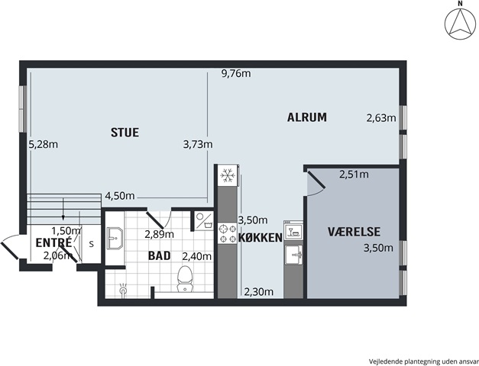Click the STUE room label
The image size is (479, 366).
[125, 133]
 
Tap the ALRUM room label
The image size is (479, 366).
[306, 117]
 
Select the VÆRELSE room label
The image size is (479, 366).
[354, 232]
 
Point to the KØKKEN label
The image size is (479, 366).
[261, 238]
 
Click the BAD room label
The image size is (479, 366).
[159, 255]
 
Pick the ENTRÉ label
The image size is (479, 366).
[53, 242]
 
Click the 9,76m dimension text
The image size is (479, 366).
[236, 73]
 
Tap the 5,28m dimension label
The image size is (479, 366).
[43, 144]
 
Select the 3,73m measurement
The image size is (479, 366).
[198, 144]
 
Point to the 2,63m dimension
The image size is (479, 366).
[381, 117]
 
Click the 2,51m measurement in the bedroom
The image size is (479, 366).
[354, 174]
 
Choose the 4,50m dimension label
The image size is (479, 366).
[120, 195]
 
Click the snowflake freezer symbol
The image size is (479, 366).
[227, 175]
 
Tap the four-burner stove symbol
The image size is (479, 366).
[228, 233]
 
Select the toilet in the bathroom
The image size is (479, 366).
[185, 279]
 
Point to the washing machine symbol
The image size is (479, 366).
[204, 221]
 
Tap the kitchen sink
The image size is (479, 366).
[293, 255]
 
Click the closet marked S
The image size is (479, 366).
[92, 244]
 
